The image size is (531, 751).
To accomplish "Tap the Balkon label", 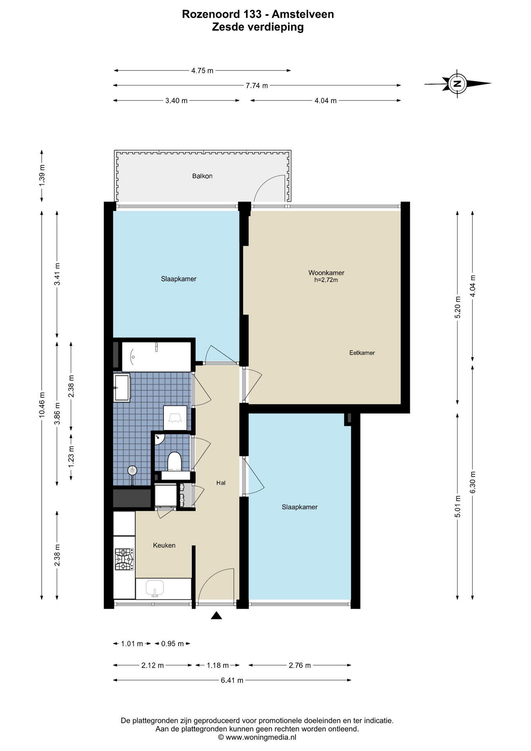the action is click(x=202, y=176).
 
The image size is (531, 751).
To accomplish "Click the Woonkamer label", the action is click(x=326, y=273).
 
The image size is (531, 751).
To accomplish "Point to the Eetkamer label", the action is click(x=362, y=353).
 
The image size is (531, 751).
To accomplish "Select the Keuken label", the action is click(x=164, y=545).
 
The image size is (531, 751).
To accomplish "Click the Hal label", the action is click(x=221, y=483).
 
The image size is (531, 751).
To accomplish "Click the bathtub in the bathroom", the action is click(x=156, y=356).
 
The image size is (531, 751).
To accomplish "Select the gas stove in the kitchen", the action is click(x=124, y=559).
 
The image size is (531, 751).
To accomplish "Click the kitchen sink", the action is click(x=155, y=588).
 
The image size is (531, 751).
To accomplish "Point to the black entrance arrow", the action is click(x=216, y=616).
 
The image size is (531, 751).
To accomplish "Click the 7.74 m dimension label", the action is click(x=257, y=86).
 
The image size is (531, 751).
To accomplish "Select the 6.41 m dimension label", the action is click(x=232, y=680).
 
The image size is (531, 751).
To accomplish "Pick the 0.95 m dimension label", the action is click(x=172, y=644).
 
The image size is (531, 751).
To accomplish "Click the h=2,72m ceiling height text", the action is click(x=326, y=280).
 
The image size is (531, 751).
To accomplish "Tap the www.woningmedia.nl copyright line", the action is click(x=257, y=737).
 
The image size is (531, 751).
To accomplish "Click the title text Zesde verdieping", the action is click(x=258, y=27).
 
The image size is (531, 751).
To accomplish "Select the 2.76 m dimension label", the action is click(x=300, y=665).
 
